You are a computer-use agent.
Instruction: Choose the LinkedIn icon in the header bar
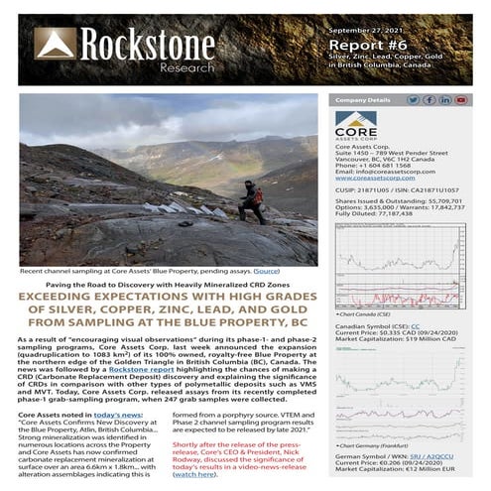click(x=445, y=100)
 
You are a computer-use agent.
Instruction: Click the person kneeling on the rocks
click(x=252, y=199)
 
